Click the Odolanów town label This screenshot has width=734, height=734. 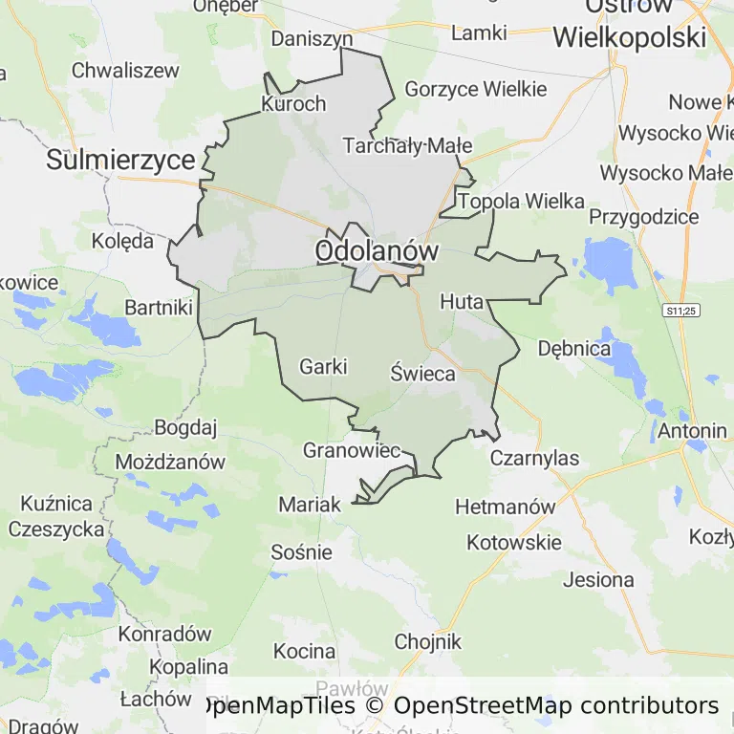pyautogui.click(x=377, y=251)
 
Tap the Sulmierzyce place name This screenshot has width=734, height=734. pyautogui.click(x=120, y=160)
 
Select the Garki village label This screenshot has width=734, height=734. pyautogui.click(x=323, y=366)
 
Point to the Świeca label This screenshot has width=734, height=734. pyautogui.click(x=422, y=374)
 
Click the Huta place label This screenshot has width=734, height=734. pyautogui.click(x=462, y=302)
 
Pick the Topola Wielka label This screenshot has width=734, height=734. pyautogui.click(x=521, y=202)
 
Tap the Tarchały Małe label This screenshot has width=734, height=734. pyautogui.click(x=407, y=145)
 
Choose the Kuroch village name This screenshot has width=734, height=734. pyautogui.click(x=293, y=104)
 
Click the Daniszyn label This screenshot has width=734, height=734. pyautogui.click(x=312, y=39)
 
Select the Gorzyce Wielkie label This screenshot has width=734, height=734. pyautogui.click(x=476, y=89)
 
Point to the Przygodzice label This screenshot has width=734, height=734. pyautogui.click(x=643, y=217)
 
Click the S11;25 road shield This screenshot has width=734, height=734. pyautogui.click(x=682, y=311)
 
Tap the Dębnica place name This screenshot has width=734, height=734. pyautogui.click(x=573, y=349)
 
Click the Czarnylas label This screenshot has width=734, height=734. pyautogui.click(x=534, y=458)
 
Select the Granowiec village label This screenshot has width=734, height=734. pyautogui.click(x=351, y=449)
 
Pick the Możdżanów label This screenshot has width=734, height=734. pyautogui.click(x=170, y=463)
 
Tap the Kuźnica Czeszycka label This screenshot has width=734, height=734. pyautogui.click(x=56, y=516)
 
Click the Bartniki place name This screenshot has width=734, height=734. pyautogui.click(x=159, y=308)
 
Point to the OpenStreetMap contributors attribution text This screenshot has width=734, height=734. pyautogui.click(x=556, y=706)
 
